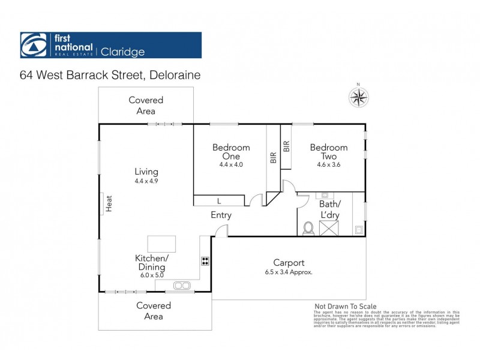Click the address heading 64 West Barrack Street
coord(109,76)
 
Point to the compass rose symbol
coord(358,97)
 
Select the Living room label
coord(146,171)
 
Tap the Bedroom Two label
coord(328,152)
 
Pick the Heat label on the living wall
coord(110,204)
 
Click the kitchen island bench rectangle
coord(161,243)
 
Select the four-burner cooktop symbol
coord(205,261)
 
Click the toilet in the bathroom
coord(309,227)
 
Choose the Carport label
coord(289,262)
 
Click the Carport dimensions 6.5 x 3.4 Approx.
coord(289,271)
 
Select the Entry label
coord(221,215)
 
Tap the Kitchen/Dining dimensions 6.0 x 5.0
coord(152,275)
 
